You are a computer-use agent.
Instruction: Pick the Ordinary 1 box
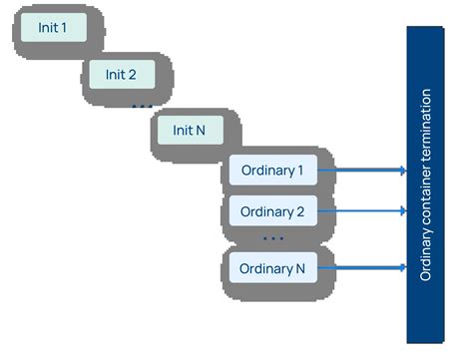[x=272, y=171]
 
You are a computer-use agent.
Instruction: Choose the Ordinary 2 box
[x=272, y=211]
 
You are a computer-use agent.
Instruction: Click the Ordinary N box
[x=272, y=268]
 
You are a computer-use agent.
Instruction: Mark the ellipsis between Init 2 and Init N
[x=142, y=104]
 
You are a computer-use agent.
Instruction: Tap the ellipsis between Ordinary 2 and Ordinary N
[x=272, y=239]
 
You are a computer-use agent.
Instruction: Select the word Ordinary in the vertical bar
[x=426, y=254]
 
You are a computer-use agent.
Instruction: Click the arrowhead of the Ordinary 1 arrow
[x=402, y=171]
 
